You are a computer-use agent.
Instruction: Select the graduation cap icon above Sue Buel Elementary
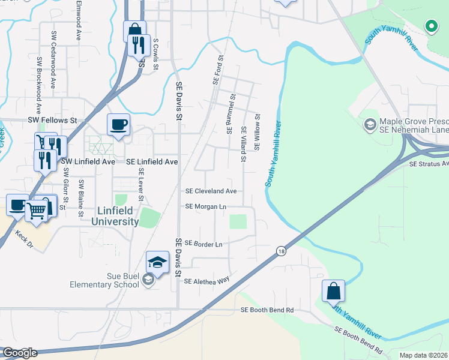point(157,263)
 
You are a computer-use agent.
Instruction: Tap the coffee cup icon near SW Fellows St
point(118,125)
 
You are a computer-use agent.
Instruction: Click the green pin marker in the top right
point(430,26)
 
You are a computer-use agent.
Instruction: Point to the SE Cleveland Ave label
point(210,191)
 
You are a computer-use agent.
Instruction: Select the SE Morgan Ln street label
point(206,206)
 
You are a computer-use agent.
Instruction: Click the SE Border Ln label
point(203,244)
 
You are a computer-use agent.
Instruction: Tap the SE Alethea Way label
point(206,281)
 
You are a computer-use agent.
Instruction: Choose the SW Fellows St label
point(53,121)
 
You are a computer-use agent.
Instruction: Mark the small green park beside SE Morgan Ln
point(238,221)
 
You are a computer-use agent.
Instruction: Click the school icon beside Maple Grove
point(370,124)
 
